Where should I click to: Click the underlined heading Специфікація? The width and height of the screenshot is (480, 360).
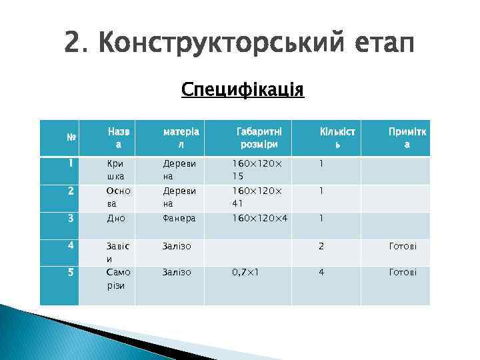coord(243,89)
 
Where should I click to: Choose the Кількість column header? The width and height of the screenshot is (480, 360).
coord(337,138)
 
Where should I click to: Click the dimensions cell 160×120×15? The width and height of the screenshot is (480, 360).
coord(257,170)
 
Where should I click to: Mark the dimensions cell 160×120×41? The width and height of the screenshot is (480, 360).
coord(257,197)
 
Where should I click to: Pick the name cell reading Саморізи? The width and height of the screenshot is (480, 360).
coord(119,279)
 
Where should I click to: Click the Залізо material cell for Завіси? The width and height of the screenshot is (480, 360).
coord(177,247)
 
